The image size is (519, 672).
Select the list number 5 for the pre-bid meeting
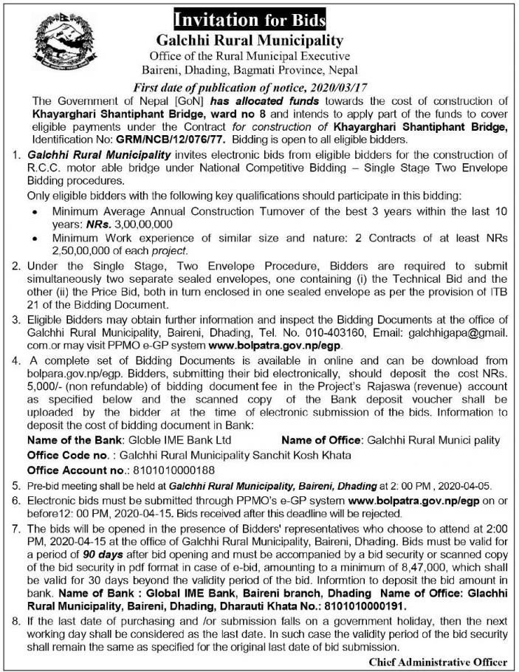16,487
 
